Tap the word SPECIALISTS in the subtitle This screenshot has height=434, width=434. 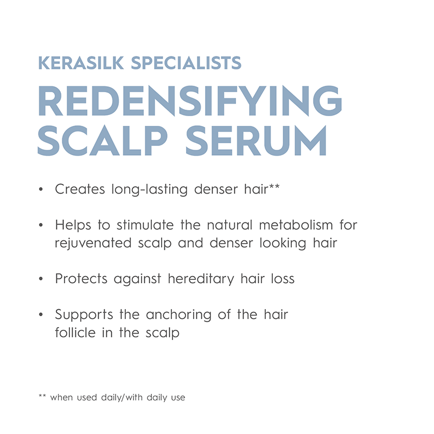(187, 62)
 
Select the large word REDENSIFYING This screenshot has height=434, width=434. (190, 101)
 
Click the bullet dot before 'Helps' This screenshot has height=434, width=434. (41, 226)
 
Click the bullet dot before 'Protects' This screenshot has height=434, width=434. (41, 280)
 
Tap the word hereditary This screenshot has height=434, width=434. (197, 279)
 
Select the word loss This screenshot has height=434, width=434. (281, 279)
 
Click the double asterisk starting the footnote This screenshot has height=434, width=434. (42, 397)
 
